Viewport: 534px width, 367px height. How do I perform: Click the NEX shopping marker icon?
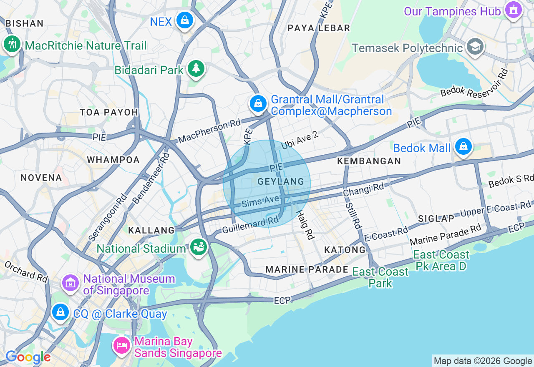(x=184, y=20)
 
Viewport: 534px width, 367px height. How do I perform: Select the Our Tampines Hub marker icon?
(x=513, y=10)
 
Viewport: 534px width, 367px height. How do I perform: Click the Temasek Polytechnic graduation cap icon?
(x=475, y=46)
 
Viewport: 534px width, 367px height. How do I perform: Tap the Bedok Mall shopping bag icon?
(x=463, y=146)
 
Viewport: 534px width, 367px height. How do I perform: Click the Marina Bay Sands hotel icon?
(x=121, y=346)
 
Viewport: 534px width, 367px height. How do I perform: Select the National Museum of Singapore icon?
(x=71, y=283)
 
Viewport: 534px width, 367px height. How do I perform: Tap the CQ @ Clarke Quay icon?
(x=60, y=312)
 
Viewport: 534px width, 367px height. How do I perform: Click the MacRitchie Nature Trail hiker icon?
(x=12, y=43)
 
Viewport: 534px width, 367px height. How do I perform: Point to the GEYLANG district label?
(x=275, y=181)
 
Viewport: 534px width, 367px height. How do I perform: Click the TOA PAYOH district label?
(x=109, y=112)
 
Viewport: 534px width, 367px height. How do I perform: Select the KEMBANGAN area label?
(x=369, y=161)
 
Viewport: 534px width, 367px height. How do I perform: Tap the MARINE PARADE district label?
(x=307, y=269)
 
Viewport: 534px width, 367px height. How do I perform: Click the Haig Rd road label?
(x=305, y=224)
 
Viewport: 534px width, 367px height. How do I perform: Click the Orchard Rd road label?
(x=26, y=271)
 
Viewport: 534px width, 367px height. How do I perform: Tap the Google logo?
(x=28, y=357)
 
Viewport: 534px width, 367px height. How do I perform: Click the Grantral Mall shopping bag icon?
(x=258, y=103)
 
